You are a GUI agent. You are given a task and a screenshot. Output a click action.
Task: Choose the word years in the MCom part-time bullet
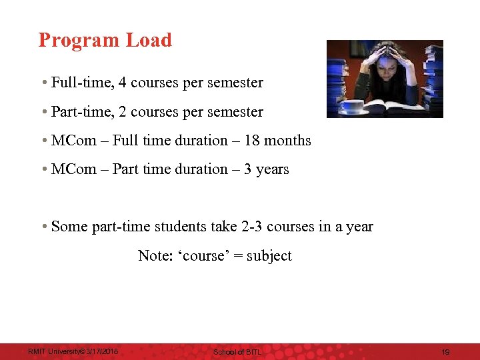pyautogui.click(x=273, y=169)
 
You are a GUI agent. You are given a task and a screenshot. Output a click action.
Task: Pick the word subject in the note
pyautogui.click(x=269, y=256)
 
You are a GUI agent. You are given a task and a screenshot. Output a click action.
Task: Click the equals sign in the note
pyautogui.click(x=238, y=256)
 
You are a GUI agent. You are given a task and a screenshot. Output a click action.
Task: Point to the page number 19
pyautogui.click(x=446, y=351)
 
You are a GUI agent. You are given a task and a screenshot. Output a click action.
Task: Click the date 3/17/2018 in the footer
pyautogui.click(x=100, y=351)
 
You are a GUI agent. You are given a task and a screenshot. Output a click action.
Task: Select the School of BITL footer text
pyautogui.click(x=237, y=351)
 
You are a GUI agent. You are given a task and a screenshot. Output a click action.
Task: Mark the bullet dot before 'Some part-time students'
pyautogui.click(x=43, y=227)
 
